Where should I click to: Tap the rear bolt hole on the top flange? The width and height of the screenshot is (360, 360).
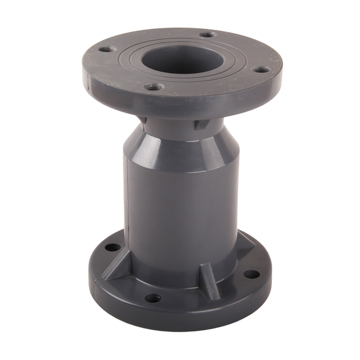(208, 34)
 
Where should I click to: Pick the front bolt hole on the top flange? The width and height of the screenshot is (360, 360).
(154, 87)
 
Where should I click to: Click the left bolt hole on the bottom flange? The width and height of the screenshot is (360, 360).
(112, 247)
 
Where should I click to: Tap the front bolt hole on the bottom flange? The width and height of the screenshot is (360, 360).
(152, 298)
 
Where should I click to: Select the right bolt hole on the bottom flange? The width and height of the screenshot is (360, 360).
(251, 274)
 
